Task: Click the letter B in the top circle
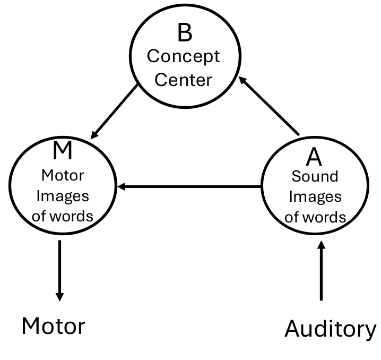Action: [x=184, y=32]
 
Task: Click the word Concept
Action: [x=184, y=56]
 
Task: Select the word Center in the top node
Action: [x=184, y=80]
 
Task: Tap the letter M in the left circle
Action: [x=63, y=151]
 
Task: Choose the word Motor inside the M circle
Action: [x=63, y=176]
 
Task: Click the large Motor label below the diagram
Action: [x=53, y=325]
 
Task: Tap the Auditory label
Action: [x=330, y=329]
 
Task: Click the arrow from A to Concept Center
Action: [x=270, y=106]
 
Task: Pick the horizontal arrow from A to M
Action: [x=189, y=187]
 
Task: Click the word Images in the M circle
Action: [x=63, y=196]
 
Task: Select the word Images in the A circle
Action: [x=315, y=197]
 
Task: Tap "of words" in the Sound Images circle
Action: [x=315, y=217]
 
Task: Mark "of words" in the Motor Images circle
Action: [x=63, y=216]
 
